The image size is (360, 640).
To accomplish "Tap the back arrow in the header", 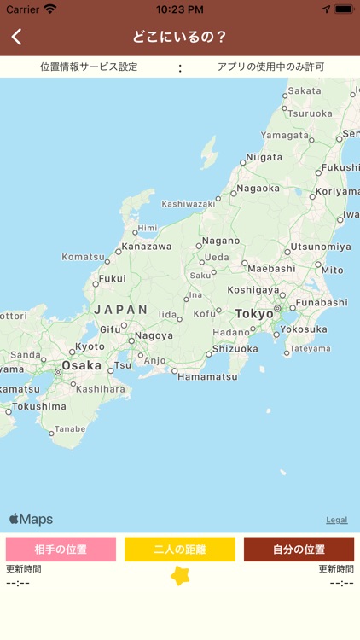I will click(17, 37).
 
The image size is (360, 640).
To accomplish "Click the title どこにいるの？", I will click(180, 37).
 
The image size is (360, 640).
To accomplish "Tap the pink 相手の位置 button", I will click(61, 549).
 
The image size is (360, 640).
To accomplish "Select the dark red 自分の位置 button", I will click(299, 549).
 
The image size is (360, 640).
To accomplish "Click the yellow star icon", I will click(180, 576).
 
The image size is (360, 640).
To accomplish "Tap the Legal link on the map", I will click(336, 520).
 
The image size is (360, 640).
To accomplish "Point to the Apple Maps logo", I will click(32, 519).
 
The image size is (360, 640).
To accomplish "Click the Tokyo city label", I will click(254, 314).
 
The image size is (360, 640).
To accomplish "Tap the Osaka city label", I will click(81, 365).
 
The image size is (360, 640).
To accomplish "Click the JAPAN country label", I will click(121, 310).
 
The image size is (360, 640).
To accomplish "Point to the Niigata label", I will click(264, 157).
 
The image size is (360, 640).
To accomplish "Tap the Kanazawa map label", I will click(146, 247).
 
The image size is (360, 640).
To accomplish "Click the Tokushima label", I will click(39, 406).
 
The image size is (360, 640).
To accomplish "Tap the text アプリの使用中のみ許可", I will click(270, 67).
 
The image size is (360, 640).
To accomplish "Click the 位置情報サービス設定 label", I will click(89, 67).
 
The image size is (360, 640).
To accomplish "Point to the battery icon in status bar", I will click(344, 9).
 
